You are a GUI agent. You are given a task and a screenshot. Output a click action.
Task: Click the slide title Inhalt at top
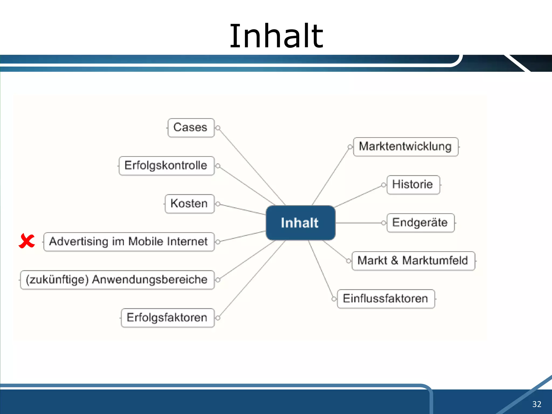click(x=276, y=36)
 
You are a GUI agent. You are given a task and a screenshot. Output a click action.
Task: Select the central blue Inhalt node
click(x=300, y=223)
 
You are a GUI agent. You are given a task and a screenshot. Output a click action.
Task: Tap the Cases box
click(x=191, y=128)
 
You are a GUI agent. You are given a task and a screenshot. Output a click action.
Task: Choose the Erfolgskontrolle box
click(x=166, y=166)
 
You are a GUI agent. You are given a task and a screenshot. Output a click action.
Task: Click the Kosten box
click(x=189, y=204)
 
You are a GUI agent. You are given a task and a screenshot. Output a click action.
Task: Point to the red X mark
click(x=27, y=241)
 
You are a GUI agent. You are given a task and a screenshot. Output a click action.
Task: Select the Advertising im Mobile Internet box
click(x=129, y=242)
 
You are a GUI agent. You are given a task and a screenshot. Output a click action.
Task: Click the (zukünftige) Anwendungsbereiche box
click(x=117, y=280)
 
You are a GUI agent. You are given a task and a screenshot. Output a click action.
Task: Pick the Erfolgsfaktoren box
click(x=167, y=318)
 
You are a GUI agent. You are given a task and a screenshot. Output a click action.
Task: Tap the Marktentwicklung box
click(x=405, y=147)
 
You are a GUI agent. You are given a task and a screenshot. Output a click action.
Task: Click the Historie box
click(x=413, y=185)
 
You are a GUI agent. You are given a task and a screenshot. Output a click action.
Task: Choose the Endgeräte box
click(x=420, y=223)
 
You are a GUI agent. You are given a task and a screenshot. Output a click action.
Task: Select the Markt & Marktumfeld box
click(x=413, y=261)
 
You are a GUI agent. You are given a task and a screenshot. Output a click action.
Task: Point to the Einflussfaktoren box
click(x=386, y=299)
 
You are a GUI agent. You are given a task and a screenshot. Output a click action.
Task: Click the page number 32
click(x=537, y=404)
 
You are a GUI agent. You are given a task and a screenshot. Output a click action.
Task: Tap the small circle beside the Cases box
click(x=218, y=128)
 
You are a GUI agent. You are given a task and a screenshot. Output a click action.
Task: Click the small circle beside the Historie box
click(x=383, y=185)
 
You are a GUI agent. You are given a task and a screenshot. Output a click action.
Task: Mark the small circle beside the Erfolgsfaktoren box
click(x=218, y=318)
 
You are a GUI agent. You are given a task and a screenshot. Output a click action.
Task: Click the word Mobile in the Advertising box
click(x=145, y=242)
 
